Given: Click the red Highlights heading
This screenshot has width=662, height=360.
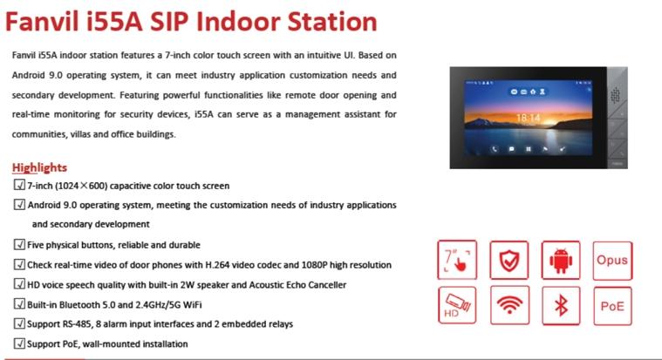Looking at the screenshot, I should (39, 167).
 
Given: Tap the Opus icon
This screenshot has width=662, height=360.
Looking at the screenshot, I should (611, 260).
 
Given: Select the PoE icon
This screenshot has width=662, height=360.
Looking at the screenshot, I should (611, 306).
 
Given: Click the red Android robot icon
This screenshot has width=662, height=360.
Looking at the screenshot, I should (560, 260).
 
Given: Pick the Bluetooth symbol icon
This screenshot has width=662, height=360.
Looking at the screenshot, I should (560, 306).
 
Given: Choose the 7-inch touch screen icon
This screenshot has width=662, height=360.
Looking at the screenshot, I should (457, 260).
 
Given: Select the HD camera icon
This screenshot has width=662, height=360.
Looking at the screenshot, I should (457, 306).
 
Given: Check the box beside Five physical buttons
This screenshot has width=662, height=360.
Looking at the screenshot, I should (19, 245).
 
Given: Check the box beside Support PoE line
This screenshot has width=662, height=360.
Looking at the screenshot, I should (19, 343).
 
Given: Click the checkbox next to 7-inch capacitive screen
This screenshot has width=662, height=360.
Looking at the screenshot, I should (19, 186).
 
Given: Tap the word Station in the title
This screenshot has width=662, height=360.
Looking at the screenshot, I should (329, 22).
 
